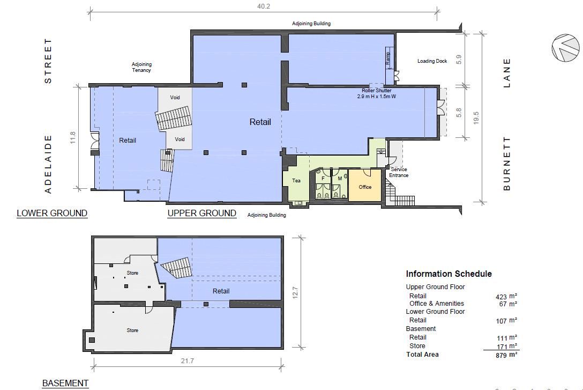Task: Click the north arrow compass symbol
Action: pyautogui.click(x=565, y=48)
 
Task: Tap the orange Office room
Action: pyautogui.click(x=365, y=185)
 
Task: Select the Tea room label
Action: pyautogui.click(x=296, y=180)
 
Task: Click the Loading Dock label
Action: pyautogui.click(x=432, y=61)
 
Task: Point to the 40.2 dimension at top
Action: pyautogui.click(x=263, y=6)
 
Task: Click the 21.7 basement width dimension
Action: pyautogui.click(x=187, y=360)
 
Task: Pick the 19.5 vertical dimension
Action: pyautogui.click(x=476, y=118)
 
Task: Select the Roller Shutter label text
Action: pyautogui.click(x=377, y=91)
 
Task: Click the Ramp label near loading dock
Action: pyautogui.click(x=388, y=58)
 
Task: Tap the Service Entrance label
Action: pyautogui.click(x=399, y=172)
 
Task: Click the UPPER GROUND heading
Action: pyautogui.click(x=202, y=213)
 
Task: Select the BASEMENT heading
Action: pyautogui.click(x=65, y=383)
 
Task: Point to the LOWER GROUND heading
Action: pyautogui.click(x=52, y=213)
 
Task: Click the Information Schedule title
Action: pyautogui.click(x=449, y=274)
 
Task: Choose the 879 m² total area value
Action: pyautogui.click(x=506, y=355)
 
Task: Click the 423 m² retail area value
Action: pyautogui.click(x=506, y=297)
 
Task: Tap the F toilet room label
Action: pyautogui.click(x=323, y=179)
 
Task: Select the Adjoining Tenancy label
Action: pyautogui.click(x=141, y=67)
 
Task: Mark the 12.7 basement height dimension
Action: pyautogui.click(x=295, y=292)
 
